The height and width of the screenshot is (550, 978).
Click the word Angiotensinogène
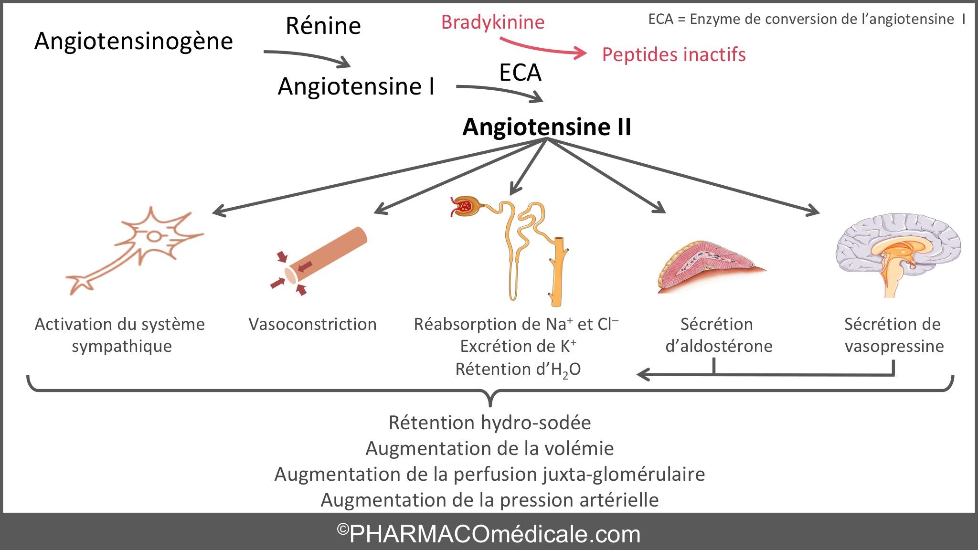coord(133,41)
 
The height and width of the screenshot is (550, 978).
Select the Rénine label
coord(323,26)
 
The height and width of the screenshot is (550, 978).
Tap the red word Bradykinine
coord(492,22)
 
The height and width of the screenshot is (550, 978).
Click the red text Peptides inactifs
coord(673,54)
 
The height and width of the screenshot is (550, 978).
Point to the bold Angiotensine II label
coord(547,127)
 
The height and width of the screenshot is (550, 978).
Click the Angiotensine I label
coord(356,87)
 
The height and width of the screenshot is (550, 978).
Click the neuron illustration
coord(138,248)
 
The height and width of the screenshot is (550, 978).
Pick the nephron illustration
coord(516,248)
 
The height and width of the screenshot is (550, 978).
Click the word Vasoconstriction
coord(312,324)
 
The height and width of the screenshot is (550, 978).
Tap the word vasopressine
coord(894,346)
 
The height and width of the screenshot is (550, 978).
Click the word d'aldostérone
coord(718,346)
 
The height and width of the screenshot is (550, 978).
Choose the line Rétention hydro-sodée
coord(489,423)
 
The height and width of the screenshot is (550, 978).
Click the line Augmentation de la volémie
coord(489,448)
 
